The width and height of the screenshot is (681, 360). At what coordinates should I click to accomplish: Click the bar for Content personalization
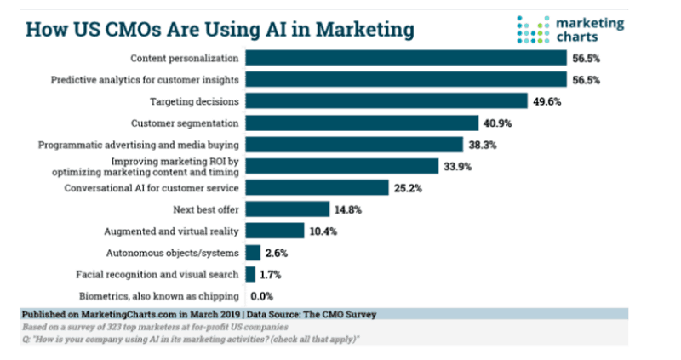[406, 58]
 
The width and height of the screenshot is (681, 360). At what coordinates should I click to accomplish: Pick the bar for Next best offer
[287, 209]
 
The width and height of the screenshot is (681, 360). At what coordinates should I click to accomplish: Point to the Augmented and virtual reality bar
[275, 231]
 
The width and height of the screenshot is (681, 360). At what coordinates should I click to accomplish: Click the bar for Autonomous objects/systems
[253, 252]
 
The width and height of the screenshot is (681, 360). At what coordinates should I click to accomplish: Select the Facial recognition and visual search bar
[250, 274]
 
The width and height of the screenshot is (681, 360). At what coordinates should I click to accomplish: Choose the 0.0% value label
[260, 296]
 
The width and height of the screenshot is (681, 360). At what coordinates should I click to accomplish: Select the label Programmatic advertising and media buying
[139, 145]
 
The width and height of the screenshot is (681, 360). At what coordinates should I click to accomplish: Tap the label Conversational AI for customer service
[152, 187]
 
